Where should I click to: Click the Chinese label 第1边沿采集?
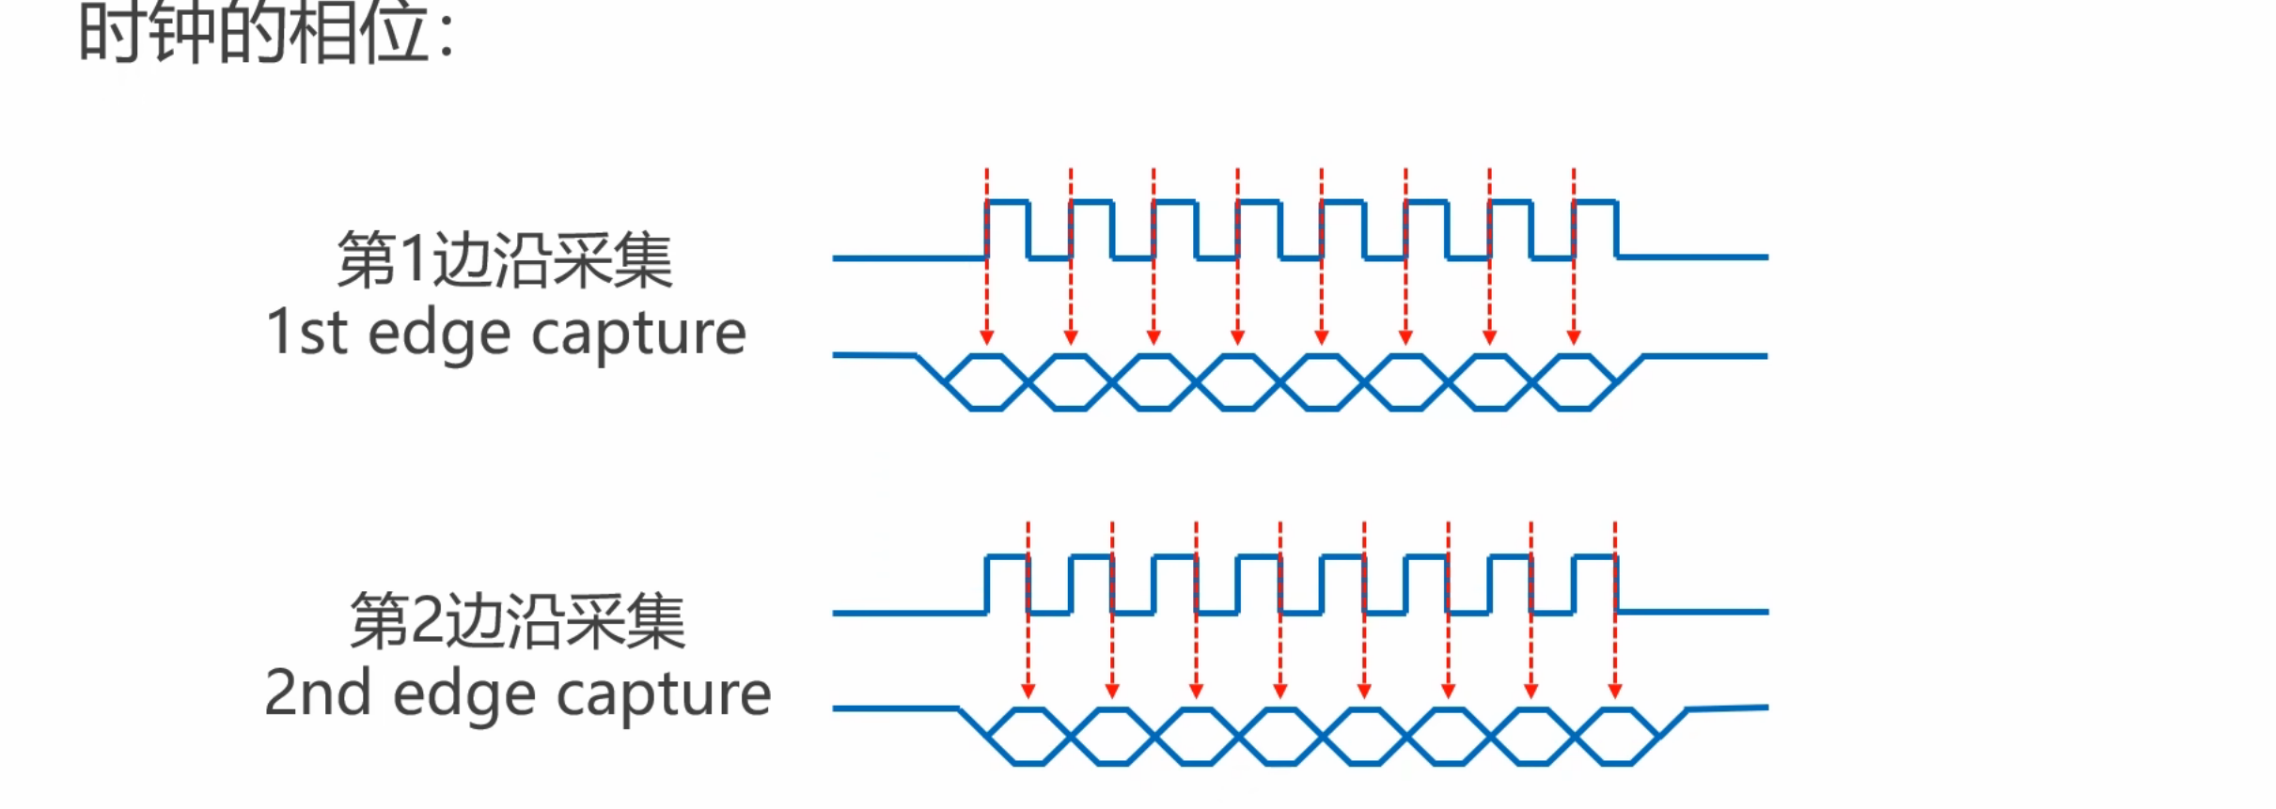(x=505, y=260)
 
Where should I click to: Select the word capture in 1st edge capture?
(x=638, y=334)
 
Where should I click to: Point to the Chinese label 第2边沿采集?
(x=517, y=621)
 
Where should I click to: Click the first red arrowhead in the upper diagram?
(x=986, y=337)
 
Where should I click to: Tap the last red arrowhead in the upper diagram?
(x=1574, y=337)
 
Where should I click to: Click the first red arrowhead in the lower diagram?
(x=1028, y=691)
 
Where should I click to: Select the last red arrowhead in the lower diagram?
(x=1615, y=691)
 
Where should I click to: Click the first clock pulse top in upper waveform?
(x=1007, y=202)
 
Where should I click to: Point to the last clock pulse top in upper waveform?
(x=1594, y=202)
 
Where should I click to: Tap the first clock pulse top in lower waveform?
(x=1007, y=557)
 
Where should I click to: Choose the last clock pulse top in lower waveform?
(x=1594, y=557)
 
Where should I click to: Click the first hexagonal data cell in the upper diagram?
(x=986, y=382)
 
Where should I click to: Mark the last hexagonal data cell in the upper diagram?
(x=1574, y=382)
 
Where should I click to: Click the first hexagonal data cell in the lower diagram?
(x=1028, y=737)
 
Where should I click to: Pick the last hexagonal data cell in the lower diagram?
(x=1616, y=737)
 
